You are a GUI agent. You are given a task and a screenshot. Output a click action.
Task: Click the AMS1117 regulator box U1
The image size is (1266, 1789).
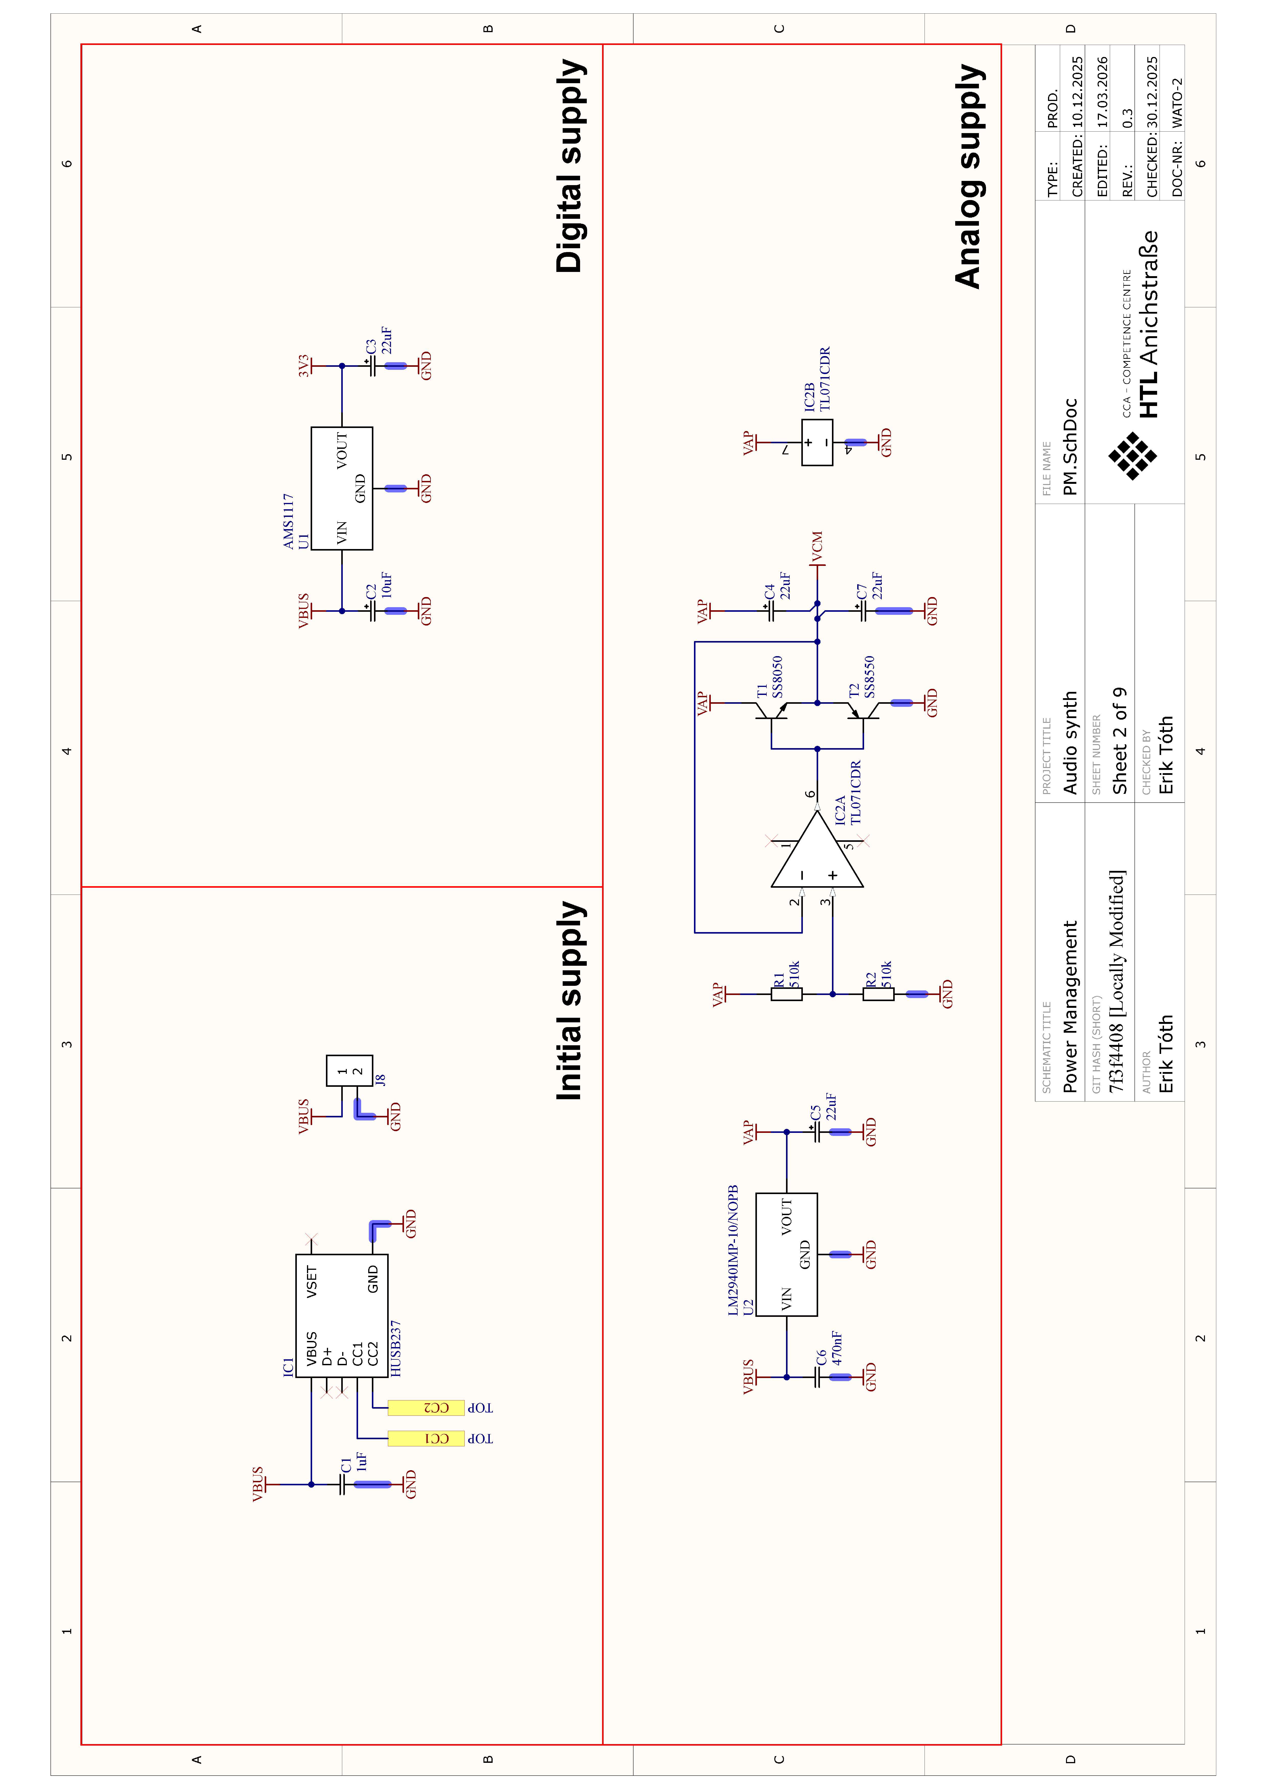click(341, 489)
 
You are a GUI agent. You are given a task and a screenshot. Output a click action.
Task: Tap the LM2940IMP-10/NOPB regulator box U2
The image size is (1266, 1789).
click(787, 1254)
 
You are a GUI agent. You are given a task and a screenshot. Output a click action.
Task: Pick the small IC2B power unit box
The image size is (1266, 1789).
click(817, 443)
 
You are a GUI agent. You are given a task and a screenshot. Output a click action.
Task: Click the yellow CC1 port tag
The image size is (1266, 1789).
click(426, 1438)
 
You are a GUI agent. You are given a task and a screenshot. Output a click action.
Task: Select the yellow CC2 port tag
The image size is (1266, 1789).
click(426, 1408)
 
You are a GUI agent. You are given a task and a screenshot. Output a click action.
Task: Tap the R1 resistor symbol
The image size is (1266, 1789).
click(787, 994)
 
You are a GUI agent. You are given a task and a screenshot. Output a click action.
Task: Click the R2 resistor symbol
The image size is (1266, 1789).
click(879, 994)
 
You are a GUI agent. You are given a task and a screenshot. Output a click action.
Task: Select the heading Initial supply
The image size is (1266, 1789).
click(571, 1001)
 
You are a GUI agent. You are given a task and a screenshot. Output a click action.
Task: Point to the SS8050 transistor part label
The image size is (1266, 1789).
click(777, 676)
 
